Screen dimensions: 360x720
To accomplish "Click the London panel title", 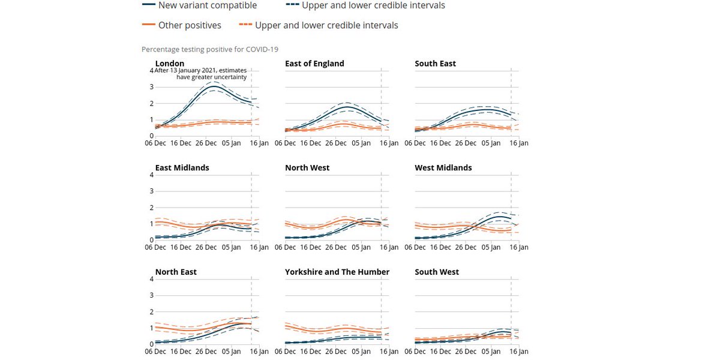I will tap(170, 63).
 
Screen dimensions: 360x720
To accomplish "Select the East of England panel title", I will tap(314, 63).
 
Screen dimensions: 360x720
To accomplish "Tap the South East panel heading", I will tap(435, 63).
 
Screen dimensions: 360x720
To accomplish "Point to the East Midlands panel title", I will tap(182, 167).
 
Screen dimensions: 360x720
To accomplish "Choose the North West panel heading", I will tap(307, 167).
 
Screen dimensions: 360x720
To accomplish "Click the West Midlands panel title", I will tap(443, 167).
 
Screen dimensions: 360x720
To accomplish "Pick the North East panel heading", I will tap(176, 272).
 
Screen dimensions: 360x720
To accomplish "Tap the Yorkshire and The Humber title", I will tap(337, 272).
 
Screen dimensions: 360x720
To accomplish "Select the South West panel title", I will tap(437, 272).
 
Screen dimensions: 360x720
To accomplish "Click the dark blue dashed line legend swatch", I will tap(292, 5).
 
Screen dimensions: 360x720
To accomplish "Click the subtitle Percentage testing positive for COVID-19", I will tap(210, 49).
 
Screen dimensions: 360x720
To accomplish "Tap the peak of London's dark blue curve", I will tap(214, 86).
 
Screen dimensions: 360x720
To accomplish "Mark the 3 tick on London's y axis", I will tap(151, 87).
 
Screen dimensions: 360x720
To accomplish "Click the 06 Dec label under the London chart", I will tap(155, 143).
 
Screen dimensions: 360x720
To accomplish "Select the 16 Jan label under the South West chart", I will tap(519, 352).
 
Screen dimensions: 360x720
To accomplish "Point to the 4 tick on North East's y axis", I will tap(151, 279).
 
